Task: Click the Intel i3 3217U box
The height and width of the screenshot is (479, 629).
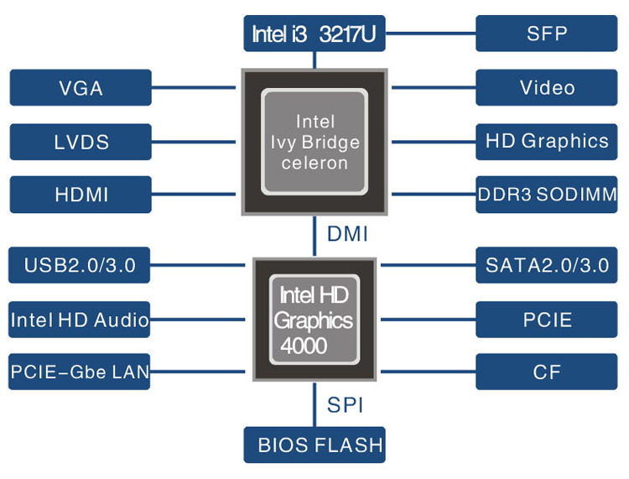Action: pyautogui.click(x=314, y=34)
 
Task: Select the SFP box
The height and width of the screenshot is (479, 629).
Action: pyautogui.click(x=547, y=34)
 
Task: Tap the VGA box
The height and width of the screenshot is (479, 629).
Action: pyautogui.click(x=81, y=87)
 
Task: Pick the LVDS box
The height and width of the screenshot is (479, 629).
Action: pyautogui.click(x=81, y=141)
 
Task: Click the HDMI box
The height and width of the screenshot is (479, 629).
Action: pyautogui.click(x=81, y=195)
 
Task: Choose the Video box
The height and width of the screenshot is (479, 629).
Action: pyautogui.click(x=547, y=87)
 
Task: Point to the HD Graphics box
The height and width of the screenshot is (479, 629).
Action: pyautogui.click(x=547, y=141)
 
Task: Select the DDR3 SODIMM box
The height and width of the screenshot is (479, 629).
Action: pyautogui.click(x=547, y=195)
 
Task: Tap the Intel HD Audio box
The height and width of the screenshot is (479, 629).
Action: pyautogui.click(x=81, y=320)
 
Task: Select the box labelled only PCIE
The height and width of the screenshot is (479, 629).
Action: pyautogui.click(x=547, y=320)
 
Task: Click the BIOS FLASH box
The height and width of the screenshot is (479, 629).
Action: pyautogui.click(x=314, y=445)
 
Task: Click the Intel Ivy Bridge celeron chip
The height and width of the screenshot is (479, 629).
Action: pyautogui.click(x=314, y=142)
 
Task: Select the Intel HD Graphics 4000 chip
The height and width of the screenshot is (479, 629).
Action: pyautogui.click(x=314, y=320)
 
